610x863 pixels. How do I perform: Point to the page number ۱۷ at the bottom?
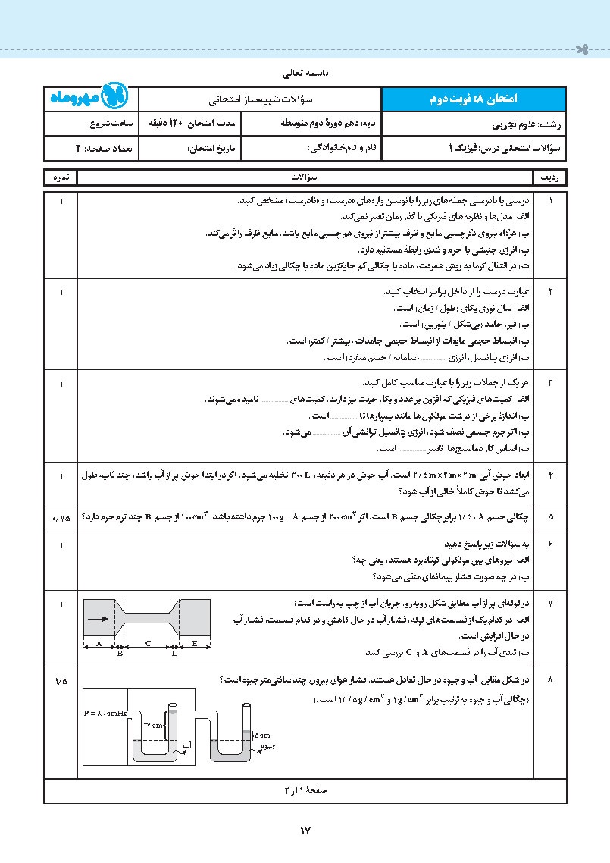click(305, 830)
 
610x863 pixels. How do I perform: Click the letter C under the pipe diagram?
click(149, 643)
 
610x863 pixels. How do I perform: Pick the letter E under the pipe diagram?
click(194, 643)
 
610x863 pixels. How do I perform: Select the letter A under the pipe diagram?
click(99, 643)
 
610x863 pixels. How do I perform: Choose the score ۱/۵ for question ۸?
click(61, 680)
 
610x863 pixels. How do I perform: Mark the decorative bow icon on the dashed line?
click(580, 51)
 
